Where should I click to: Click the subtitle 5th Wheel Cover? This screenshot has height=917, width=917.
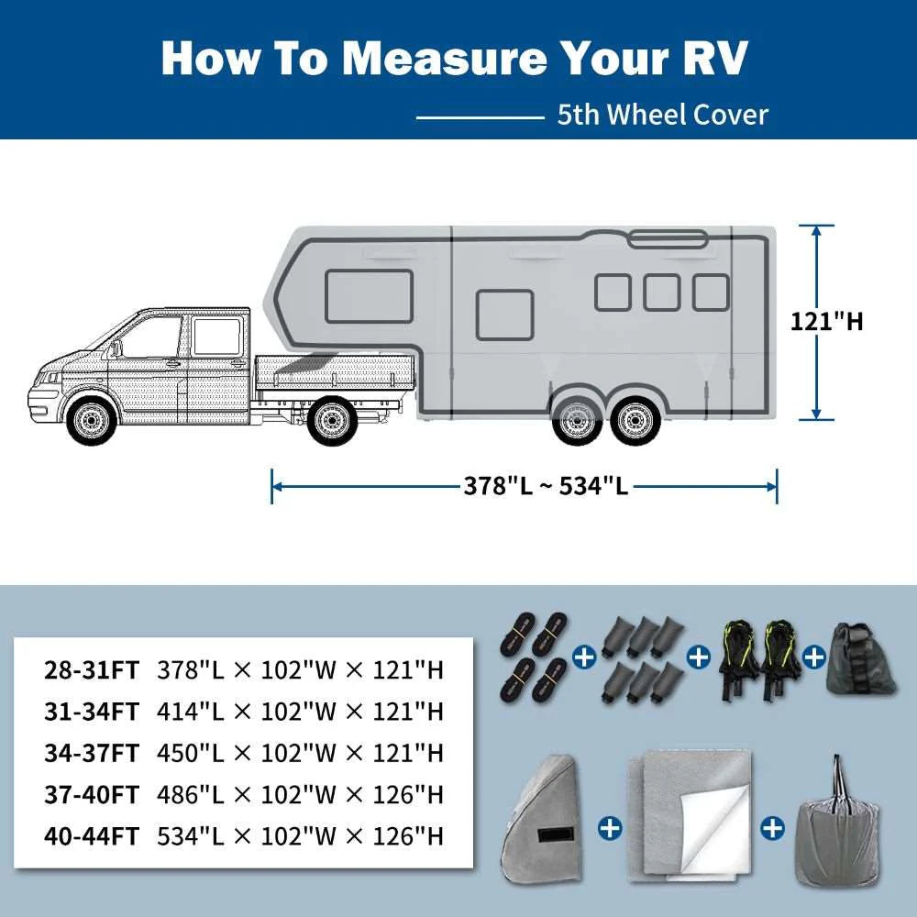tap(662, 116)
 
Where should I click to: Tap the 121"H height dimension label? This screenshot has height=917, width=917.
tap(826, 321)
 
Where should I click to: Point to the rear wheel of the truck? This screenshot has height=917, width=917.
tap(331, 421)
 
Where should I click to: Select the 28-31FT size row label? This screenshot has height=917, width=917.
tap(92, 670)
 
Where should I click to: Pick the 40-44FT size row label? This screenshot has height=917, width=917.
tap(92, 835)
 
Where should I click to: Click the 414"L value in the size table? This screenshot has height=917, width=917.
tap(190, 712)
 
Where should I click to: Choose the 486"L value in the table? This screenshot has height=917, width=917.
tap(190, 794)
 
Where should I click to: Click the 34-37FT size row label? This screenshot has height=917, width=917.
tap(92, 753)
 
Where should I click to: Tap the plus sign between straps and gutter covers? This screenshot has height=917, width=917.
tap(581, 657)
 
